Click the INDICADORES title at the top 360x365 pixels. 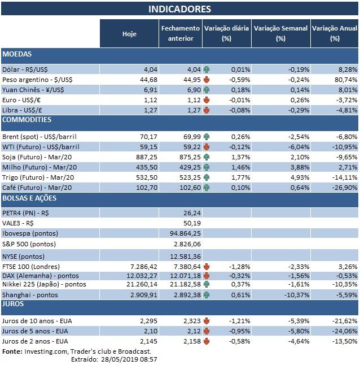(179, 9)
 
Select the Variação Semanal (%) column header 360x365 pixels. (280, 33)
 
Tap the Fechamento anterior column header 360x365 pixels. (180, 33)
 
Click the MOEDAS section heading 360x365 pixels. (17, 54)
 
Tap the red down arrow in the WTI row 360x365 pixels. (207, 147)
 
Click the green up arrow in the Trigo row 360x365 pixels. (207, 177)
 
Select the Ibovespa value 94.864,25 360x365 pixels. (185, 232)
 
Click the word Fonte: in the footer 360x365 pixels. (12, 351)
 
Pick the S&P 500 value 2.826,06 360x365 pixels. (185, 243)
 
